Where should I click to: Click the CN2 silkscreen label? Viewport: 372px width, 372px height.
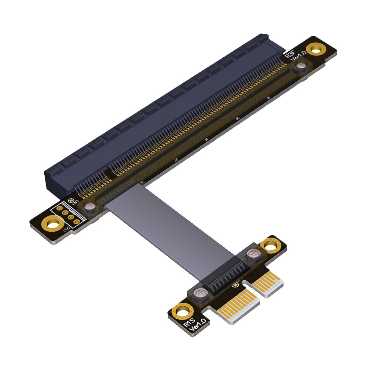[67, 229]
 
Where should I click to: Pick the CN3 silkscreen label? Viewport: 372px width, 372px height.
[75, 202]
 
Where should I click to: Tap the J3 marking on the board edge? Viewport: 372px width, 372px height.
[176, 160]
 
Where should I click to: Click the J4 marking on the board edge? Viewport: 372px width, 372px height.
[206, 140]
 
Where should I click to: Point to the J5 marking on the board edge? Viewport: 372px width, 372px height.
[237, 118]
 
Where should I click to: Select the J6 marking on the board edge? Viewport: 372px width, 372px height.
[268, 98]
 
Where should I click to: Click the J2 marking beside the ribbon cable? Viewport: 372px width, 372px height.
[142, 183]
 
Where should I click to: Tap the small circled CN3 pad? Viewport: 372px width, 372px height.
[70, 200]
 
